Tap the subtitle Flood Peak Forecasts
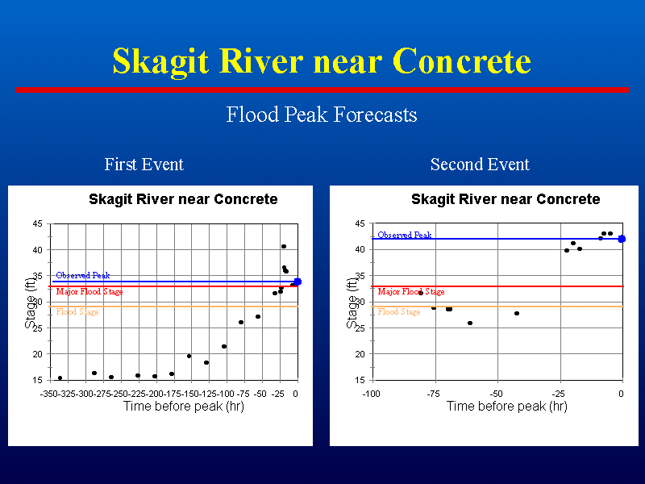(x=322, y=115)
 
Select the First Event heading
(x=144, y=165)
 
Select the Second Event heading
(x=480, y=165)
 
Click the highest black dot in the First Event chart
(x=284, y=247)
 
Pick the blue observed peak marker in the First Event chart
(x=298, y=282)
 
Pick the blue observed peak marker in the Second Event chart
(x=622, y=239)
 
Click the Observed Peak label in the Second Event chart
(x=405, y=235)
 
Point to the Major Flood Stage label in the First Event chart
(x=89, y=291)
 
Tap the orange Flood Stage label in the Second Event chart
(x=399, y=311)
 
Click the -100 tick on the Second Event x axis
(x=371, y=394)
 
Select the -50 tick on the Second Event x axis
(x=497, y=394)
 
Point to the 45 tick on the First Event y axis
(x=37, y=224)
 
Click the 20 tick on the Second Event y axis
(x=360, y=354)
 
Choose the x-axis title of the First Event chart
(x=184, y=407)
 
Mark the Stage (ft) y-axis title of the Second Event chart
(x=352, y=303)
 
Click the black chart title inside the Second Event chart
(x=506, y=199)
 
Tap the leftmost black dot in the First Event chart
(x=60, y=378)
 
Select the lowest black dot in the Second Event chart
(x=470, y=323)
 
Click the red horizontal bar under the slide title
(x=322, y=90)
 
